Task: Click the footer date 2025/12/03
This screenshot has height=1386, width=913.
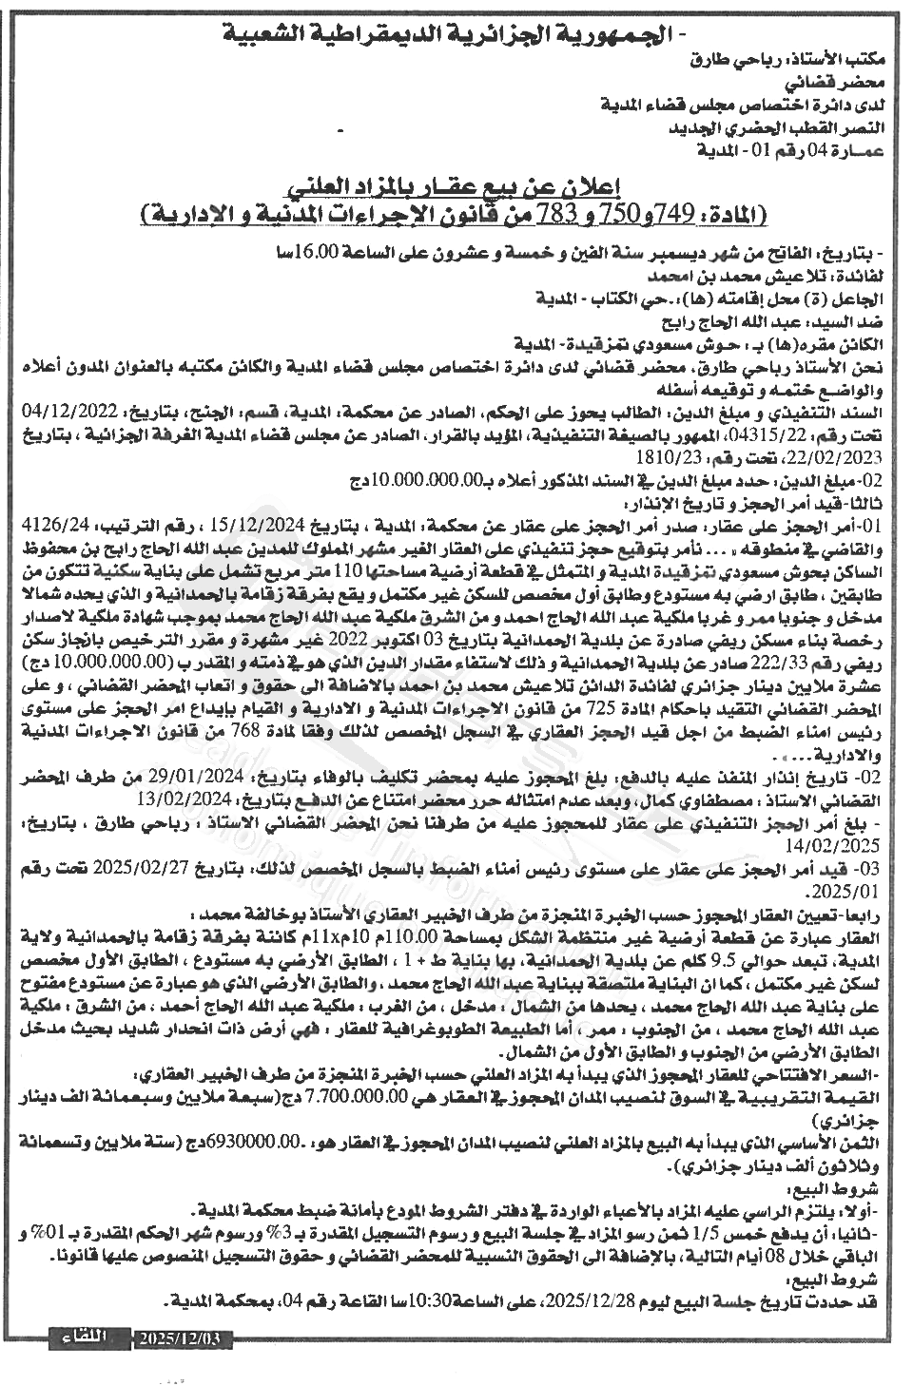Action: click(180, 1338)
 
